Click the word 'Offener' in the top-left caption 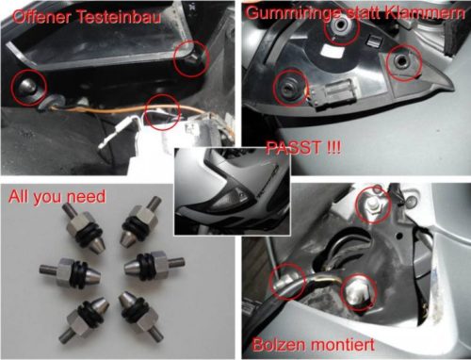(42, 16)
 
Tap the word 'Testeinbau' (119, 16)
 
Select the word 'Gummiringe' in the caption (293, 12)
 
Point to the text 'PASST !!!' (303, 147)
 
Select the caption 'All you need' (57, 197)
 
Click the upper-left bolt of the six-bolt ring (85, 227)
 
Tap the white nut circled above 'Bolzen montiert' (373, 205)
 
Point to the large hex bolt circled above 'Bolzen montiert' (358, 292)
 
